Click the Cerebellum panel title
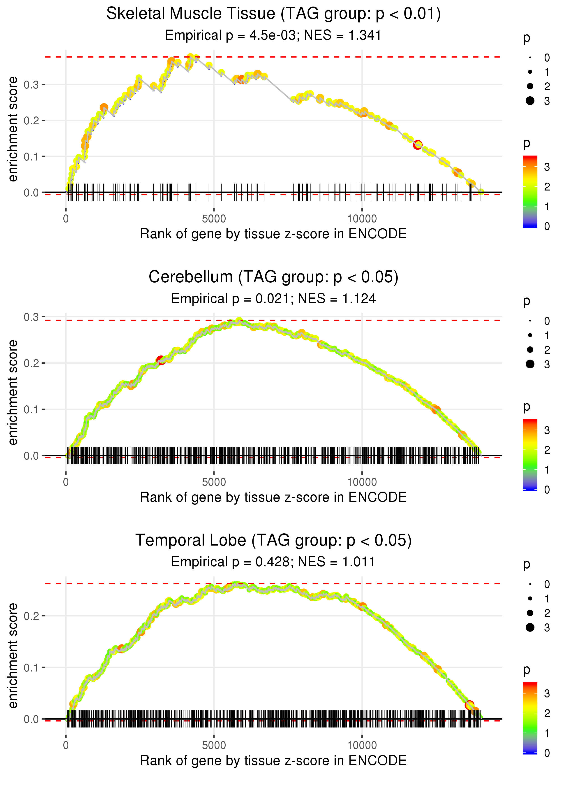pos(273,277)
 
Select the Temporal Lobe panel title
pos(273,540)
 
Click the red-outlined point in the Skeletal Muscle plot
pos(418,145)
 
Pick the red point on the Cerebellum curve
pos(160,360)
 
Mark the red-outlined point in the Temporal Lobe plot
pos(469,705)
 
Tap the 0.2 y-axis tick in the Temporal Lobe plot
pos(31,616)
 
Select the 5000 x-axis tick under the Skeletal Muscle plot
pos(214,219)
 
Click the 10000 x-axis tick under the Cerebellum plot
pos(362,482)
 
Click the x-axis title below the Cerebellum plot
pos(273,497)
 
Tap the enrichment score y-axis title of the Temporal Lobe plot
pos(13,655)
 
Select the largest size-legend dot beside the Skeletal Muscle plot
pos(530,101)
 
